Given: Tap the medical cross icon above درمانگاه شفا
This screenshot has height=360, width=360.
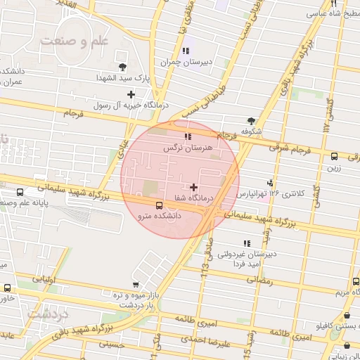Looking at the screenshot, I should (x=194, y=187).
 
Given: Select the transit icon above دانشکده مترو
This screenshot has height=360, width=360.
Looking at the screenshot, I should (x=160, y=206).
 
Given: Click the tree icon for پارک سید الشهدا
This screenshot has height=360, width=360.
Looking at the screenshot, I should (x=124, y=66).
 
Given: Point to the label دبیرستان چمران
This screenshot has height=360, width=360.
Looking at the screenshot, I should (x=186, y=62).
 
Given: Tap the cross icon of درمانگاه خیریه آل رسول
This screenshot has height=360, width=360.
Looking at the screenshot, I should (x=131, y=94).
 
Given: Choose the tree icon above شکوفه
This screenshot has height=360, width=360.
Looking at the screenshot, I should (x=251, y=121).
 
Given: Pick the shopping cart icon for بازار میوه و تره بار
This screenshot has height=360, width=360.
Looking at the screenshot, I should (x=135, y=285).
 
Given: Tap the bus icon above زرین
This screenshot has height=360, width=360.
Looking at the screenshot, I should (x=334, y=157).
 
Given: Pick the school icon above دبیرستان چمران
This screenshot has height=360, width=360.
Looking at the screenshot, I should (x=186, y=51).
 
